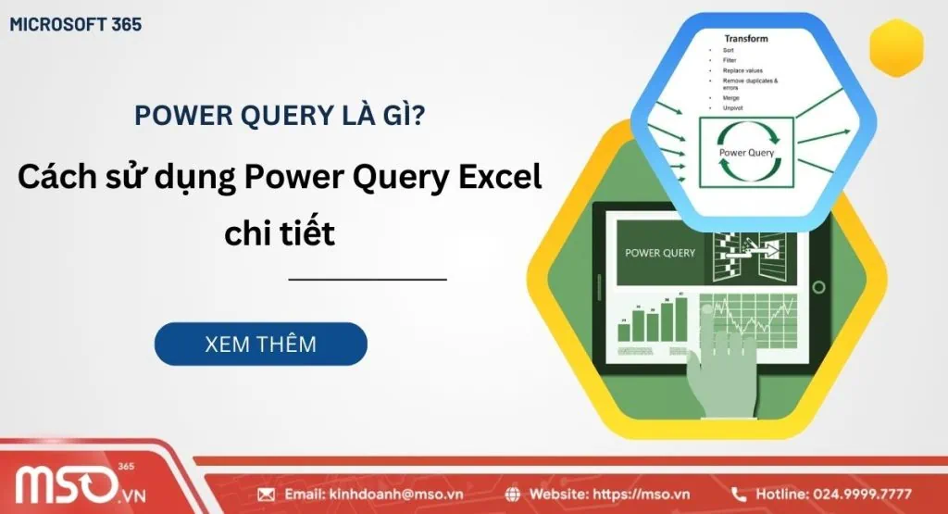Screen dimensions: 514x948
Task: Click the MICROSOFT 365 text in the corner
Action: click(x=76, y=24)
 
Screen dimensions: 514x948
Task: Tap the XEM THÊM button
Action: click(x=260, y=345)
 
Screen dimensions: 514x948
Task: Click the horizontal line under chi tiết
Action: click(x=368, y=279)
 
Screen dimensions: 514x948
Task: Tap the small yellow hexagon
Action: click(x=896, y=48)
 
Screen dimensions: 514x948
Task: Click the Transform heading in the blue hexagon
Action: click(x=746, y=39)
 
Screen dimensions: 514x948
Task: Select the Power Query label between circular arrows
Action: click(x=746, y=152)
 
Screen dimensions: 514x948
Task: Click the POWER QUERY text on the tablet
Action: click(x=660, y=253)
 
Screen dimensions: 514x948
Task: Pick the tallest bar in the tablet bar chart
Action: click(x=681, y=319)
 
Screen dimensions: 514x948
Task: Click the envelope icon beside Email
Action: click(x=267, y=494)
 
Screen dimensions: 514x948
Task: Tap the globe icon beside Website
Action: click(x=513, y=494)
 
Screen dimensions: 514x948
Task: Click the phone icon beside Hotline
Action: click(x=739, y=494)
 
